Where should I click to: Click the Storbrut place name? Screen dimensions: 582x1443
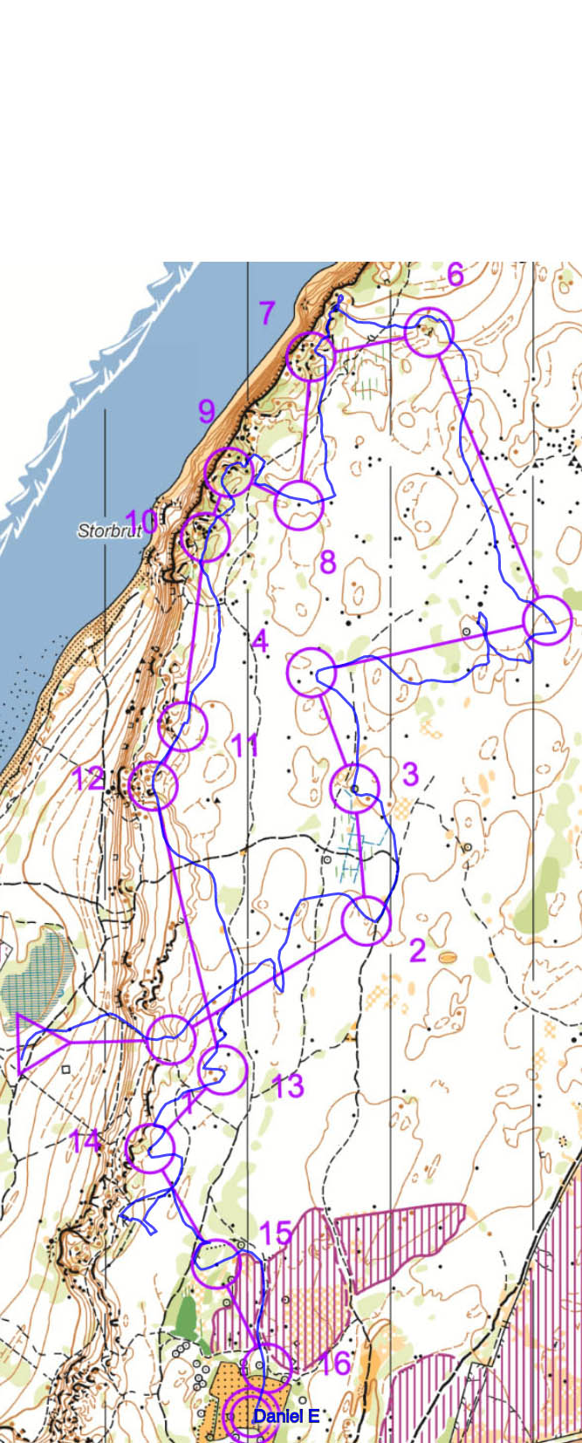pos(109,530)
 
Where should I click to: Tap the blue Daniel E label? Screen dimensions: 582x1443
pos(285,1416)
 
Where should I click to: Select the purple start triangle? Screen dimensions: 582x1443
pos(38,1043)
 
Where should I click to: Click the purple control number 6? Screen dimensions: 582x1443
pos(455,275)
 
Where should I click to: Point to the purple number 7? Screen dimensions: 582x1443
pos(267,312)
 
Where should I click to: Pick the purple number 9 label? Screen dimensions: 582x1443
pos(206,410)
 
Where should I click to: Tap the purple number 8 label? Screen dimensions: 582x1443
pos(327,562)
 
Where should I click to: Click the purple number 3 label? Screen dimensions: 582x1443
pos(410,774)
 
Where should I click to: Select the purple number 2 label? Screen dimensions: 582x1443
pos(417,950)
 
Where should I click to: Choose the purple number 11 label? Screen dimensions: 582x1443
pos(245,746)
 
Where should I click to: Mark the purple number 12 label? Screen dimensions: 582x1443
pos(88,778)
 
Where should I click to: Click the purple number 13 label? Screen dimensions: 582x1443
pos(287,1086)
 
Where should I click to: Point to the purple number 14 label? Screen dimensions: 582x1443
pos(86,1140)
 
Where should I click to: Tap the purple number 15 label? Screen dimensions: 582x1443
pos(276,1233)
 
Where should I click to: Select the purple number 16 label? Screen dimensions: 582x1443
pos(335,1362)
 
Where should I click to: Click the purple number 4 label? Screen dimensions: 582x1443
pos(259,642)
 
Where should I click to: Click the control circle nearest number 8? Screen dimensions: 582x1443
pos(299,504)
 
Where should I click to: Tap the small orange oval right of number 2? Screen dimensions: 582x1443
pos(448,957)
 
